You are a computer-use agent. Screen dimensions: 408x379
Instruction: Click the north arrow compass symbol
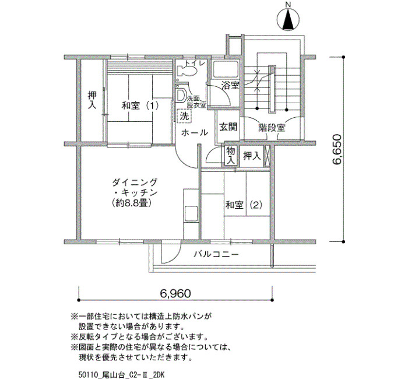tap(288, 19)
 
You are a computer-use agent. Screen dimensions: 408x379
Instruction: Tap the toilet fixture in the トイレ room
tap(187, 71)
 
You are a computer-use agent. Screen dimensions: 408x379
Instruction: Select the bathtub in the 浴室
tap(225, 69)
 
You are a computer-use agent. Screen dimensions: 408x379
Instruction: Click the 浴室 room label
tap(230, 86)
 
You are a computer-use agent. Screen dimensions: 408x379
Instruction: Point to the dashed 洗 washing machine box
tap(184, 116)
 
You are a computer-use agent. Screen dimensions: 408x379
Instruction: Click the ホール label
tap(194, 133)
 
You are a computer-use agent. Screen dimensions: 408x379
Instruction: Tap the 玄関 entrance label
tap(228, 127)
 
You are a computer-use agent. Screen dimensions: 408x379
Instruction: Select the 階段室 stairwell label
tap(272, 128)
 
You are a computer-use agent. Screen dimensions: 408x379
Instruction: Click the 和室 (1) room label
tap(140, 106)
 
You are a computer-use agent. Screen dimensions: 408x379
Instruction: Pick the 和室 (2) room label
tap(244, 205)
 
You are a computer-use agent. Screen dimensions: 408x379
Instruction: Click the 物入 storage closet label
tap(230, 156)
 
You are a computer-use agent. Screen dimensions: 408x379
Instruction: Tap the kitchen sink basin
tap(191, 214)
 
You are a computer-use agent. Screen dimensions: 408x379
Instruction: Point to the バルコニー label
tap(216, 254)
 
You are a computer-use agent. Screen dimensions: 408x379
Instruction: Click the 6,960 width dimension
tap(175, 294)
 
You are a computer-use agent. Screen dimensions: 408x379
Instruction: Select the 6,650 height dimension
tap(337, 149)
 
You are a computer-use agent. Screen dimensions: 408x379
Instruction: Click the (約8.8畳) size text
tap(131, 203)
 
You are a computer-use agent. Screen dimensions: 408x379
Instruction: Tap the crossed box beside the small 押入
tap(267, 156)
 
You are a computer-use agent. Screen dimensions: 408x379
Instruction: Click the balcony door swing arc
tap(176, 255)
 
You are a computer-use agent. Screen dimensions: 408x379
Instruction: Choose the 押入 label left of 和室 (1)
tap(92, 100)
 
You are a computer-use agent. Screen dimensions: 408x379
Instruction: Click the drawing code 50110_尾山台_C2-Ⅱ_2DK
tap(121, 375)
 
